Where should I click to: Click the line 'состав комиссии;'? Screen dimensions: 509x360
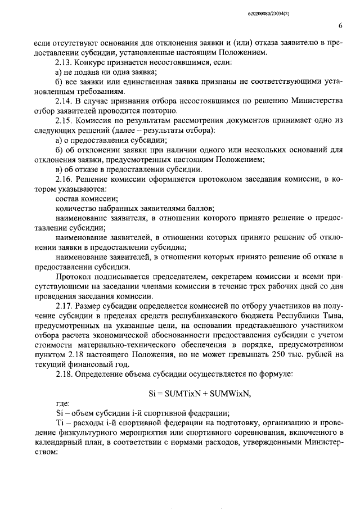click(86, 199)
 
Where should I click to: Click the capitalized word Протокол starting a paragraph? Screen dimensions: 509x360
click(71, 277)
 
